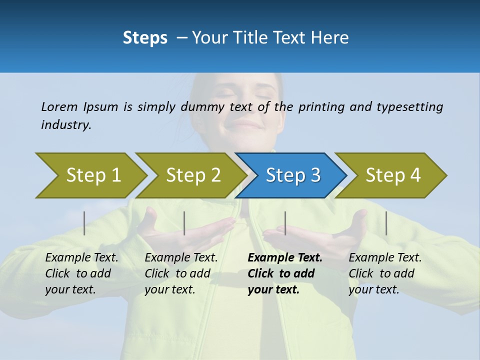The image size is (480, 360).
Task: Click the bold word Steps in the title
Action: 145,38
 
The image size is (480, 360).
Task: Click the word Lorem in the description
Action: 59,106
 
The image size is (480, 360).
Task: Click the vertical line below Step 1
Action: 84,223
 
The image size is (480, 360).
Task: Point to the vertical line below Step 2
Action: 184,223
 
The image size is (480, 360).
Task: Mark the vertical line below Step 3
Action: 285,223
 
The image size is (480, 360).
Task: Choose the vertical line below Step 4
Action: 386,223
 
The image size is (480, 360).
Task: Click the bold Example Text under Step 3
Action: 285,258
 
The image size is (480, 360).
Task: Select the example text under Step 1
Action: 81,273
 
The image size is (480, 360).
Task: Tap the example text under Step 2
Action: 181,273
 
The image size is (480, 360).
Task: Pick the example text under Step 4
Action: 385,273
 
